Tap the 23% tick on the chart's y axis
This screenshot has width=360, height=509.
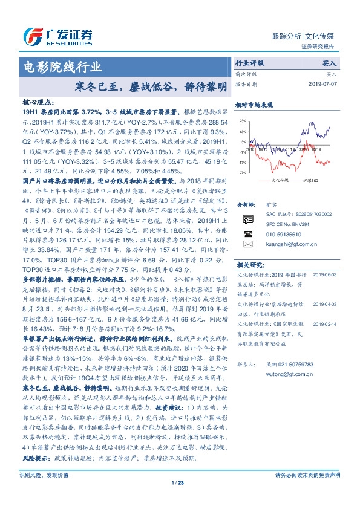pyautogui.click(x=243, y=121)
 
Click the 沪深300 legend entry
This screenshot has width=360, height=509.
pyautogui.click(x=310, y=180)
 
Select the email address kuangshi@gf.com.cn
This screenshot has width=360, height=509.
pyautogui.click(x=287, y=244)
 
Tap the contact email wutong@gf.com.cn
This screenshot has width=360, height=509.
pyautogui.click(x=282, y=374)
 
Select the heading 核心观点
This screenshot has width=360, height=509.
pyautogui.click(x=38, y=103)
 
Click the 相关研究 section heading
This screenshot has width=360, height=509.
pyautogui.click(x=251, y=265)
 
